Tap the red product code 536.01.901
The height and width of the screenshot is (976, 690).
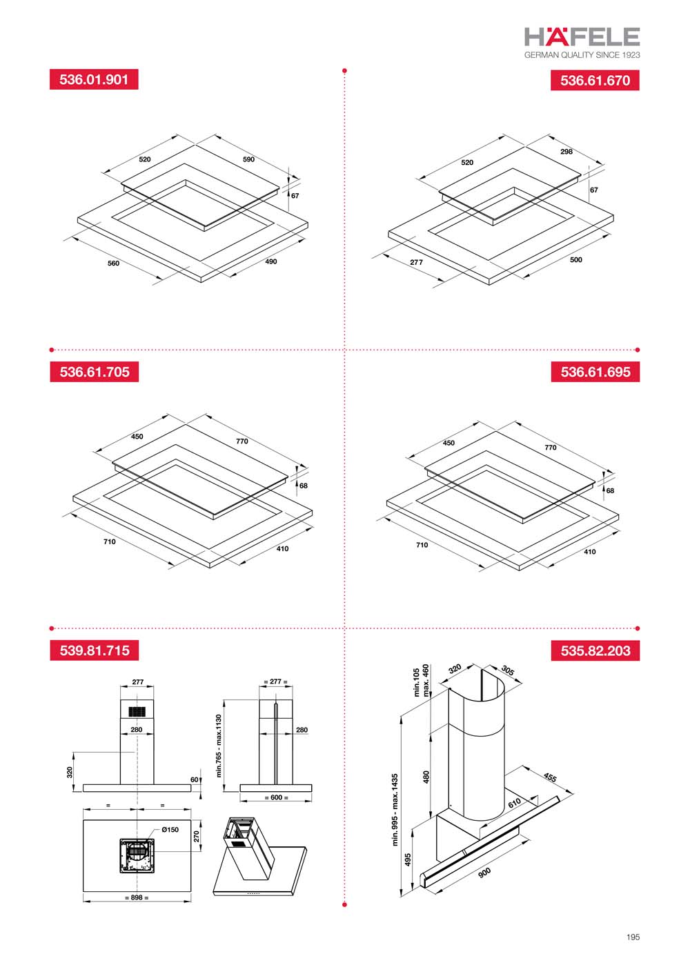tap(94, 79)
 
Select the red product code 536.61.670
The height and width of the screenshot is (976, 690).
tap(595, 80)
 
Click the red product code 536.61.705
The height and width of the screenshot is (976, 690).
tap(94, 372)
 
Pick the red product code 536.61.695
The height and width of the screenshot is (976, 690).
tap(595, 372)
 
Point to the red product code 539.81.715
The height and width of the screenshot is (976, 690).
tap(94, 650)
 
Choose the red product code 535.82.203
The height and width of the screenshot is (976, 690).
tap(595, 650)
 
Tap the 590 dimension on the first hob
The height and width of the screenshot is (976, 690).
tap(248, 159)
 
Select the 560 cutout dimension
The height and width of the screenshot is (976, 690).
tap(113, 263)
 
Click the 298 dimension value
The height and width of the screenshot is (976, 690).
tap(566, 152)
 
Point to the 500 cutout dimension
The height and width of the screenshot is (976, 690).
tap(575, 259)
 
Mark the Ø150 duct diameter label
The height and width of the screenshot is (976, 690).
tap(170, 830)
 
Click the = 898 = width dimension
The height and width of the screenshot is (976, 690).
tap(137, 897)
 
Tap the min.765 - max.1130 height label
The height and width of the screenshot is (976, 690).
tap(219, 746)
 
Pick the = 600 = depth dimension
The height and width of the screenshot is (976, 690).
tap(277, 797)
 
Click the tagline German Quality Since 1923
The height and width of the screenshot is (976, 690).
tap(582, 55)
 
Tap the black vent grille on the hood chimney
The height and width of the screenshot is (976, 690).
tap(137, 712)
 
